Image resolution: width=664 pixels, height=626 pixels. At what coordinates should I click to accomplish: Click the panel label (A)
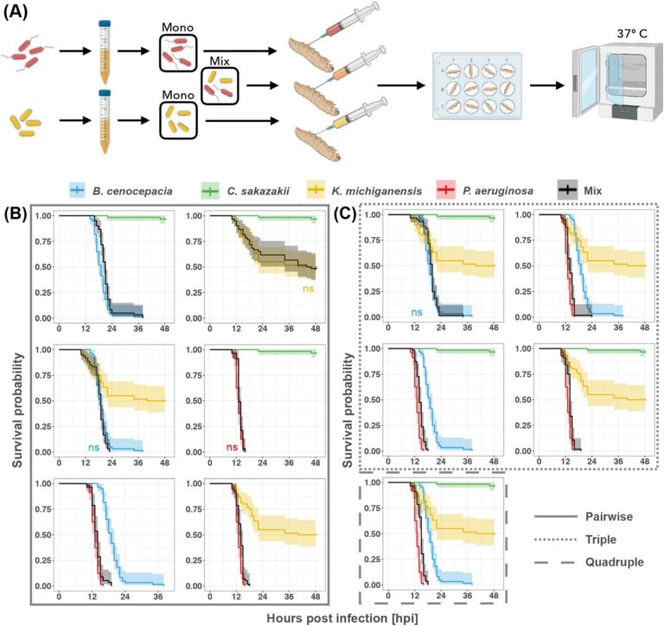pyautogui.click(x=19, y=11)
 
